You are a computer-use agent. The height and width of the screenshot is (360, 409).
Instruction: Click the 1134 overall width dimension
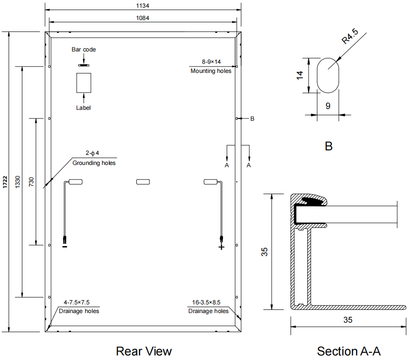pyautogui.click(x=142, y=6)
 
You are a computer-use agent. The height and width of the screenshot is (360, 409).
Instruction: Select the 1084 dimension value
pyautogui.click(x=142, y=18)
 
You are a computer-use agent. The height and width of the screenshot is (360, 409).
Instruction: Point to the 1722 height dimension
pyautogui.click(x=5, y=182)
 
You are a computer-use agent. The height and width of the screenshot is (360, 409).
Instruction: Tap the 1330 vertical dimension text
pyautogui.click(x=17, y=182)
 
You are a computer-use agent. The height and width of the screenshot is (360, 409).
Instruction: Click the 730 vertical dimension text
pyautogui.click(x=31, y=182)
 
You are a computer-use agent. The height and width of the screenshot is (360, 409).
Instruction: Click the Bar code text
pyautogui.click(x=84, y=50)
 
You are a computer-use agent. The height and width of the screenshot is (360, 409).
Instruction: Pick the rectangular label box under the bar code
pyautogui.click(x=84, y=83)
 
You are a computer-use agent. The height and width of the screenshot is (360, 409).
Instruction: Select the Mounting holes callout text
pyautogui.click(x=211, y=71)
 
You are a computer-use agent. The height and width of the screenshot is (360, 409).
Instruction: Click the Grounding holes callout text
pyautogui.click(x=94, y=163)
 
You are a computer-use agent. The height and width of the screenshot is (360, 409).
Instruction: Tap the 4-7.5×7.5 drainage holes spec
pyautogui.click(x=77, y=303)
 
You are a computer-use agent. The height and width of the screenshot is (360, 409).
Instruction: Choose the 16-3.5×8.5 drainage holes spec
pyautogui.click(x=207, y=303)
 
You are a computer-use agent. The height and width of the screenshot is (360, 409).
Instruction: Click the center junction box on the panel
pyautogui.click(x=143, y=182)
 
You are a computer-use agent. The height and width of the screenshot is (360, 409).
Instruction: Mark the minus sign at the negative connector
pyautogui.click(x=65, y=247)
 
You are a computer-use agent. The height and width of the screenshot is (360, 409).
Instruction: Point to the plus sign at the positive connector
pyautogui.click(x=222, y=247)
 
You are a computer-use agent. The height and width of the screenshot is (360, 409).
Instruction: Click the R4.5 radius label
pyautogui.click(x=350, y=36)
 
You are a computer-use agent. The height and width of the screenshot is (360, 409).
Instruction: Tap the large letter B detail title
pyautogui.click(x=329, y=146)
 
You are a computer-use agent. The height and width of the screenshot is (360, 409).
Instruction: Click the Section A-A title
pyautogui.click(x=349, y=351)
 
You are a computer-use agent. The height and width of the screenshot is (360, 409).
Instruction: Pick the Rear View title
pyautogui.click(x=144, y=351)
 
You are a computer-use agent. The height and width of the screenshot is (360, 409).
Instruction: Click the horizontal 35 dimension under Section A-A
pyautogui.click(x=348, y=320)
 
